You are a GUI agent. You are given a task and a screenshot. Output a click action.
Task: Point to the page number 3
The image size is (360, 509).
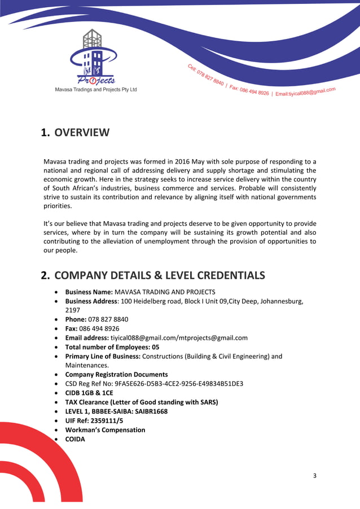click(315, 476)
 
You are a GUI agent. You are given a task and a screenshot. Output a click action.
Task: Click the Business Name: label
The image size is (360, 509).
click(89, 292)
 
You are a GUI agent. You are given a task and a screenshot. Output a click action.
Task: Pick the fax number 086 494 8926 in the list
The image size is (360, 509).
click(99, 328)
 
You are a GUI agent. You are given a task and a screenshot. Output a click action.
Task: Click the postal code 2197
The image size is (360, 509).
click(73, 310)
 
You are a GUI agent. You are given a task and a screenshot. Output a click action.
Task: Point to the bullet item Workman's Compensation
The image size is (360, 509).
click(105, 429)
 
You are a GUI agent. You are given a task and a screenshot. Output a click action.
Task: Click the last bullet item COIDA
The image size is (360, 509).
click(75, 439)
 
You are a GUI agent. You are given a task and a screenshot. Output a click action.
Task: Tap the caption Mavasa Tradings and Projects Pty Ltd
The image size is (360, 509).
click(95, 90)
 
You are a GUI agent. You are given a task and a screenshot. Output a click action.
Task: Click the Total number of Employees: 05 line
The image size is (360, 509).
click(112, 347)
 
